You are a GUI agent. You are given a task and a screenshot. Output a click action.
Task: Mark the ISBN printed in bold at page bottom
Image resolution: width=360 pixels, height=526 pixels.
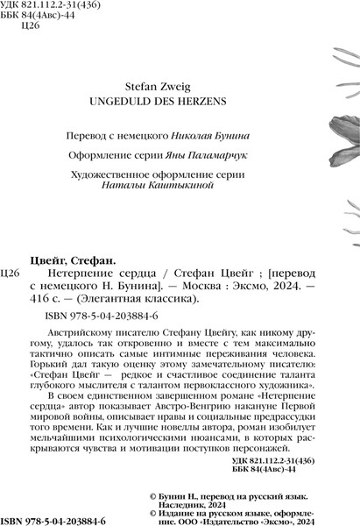(55, 521)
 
